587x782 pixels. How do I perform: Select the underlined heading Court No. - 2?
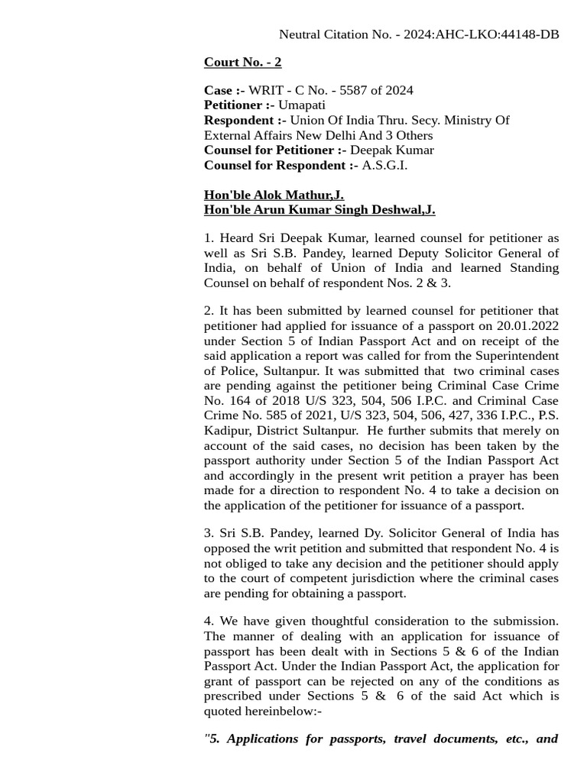pyautogui.click(x=242, y=62)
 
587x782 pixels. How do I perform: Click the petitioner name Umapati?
pyautogui.click(x=301, y=105)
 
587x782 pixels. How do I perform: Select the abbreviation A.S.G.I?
pyautogui.click(x=384, y=165)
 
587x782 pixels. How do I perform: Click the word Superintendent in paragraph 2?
pyautogui.click(x=514, y=356)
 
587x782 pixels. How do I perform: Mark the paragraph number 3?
pyautogui.click(x=208, y=533)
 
